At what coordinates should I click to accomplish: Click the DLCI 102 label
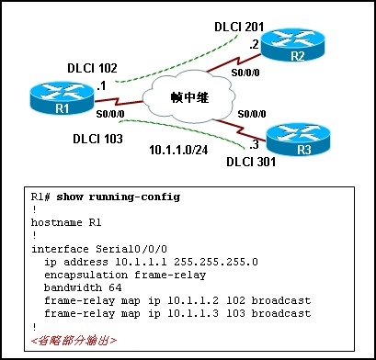(93, 68)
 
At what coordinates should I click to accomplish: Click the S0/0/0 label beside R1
(112, 114)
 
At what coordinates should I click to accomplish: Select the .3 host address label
(250, 144)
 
